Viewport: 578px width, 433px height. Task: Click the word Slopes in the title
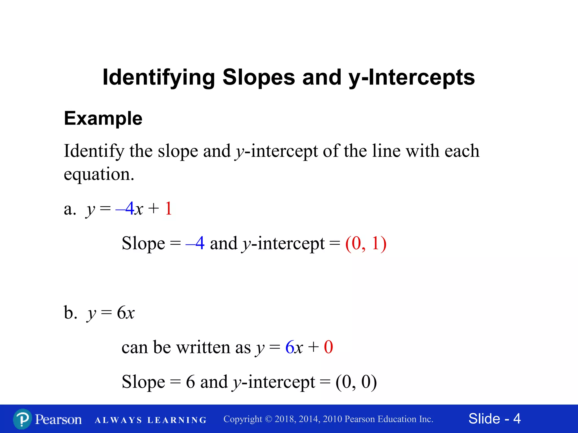(259, 77)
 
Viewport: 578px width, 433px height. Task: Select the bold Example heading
(103, 118)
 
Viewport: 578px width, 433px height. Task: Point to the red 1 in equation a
(168, 209)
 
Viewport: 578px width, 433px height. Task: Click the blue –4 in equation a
(125, 209)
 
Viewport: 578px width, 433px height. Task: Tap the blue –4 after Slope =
(195, 243)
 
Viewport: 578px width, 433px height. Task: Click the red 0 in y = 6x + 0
(328, 347)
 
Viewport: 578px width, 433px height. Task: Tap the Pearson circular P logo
(22, 419)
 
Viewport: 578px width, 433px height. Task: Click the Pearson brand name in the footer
(58, 419)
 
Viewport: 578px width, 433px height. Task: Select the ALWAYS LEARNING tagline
(151, 420)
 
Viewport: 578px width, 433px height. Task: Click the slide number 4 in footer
(517, 419)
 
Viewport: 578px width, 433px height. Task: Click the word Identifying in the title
(159, 77)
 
